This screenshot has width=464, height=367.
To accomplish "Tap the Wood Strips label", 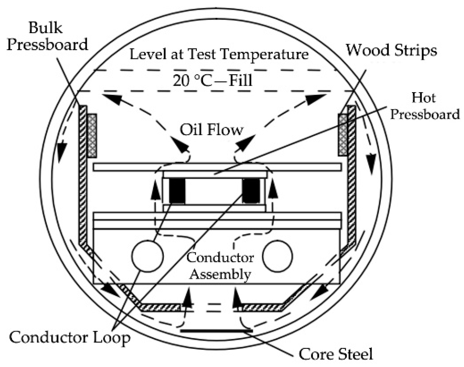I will (x=391, y=50).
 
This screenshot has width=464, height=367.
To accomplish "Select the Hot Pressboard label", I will (x=424, y=106).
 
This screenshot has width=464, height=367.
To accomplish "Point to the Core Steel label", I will (x=336, y=353).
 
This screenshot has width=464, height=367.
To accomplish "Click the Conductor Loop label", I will (x=70, y=337).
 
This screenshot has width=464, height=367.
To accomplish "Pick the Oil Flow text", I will (x=211, y=130).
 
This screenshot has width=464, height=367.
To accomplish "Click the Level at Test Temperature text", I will (x=219, y=54).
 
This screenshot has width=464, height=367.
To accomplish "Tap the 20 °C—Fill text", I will (x=213, y=80).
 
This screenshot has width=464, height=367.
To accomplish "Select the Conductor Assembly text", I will (x=220, y=266).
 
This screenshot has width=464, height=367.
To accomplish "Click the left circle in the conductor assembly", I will (x=147, y=256).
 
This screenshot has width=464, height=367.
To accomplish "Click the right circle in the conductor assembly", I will (x=278, y=256).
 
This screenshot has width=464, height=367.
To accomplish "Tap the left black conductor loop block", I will (x=177, y=191).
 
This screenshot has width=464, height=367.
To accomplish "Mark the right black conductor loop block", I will (x=251, y=191).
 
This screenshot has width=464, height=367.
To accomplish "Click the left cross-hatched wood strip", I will (x=92, y=135).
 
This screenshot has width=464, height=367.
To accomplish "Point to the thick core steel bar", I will (x=217, y=331).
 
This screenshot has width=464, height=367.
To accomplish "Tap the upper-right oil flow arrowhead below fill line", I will (x=317, y=99).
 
